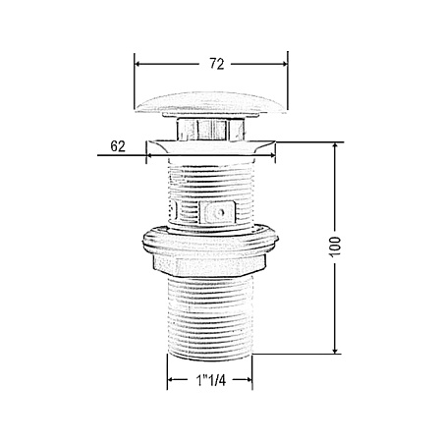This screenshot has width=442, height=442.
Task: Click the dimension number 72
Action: [217, 64]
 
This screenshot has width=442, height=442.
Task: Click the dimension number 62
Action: [118, 146]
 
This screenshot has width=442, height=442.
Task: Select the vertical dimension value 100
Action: [335, 247]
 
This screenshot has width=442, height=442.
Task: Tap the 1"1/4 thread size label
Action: [211, 380]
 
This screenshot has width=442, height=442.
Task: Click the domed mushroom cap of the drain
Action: [211, 104]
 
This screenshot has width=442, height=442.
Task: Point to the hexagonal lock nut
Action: [210, 265]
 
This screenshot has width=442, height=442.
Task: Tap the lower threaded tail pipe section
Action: [210, 317]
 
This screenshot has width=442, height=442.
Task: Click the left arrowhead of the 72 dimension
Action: [138, 64]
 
